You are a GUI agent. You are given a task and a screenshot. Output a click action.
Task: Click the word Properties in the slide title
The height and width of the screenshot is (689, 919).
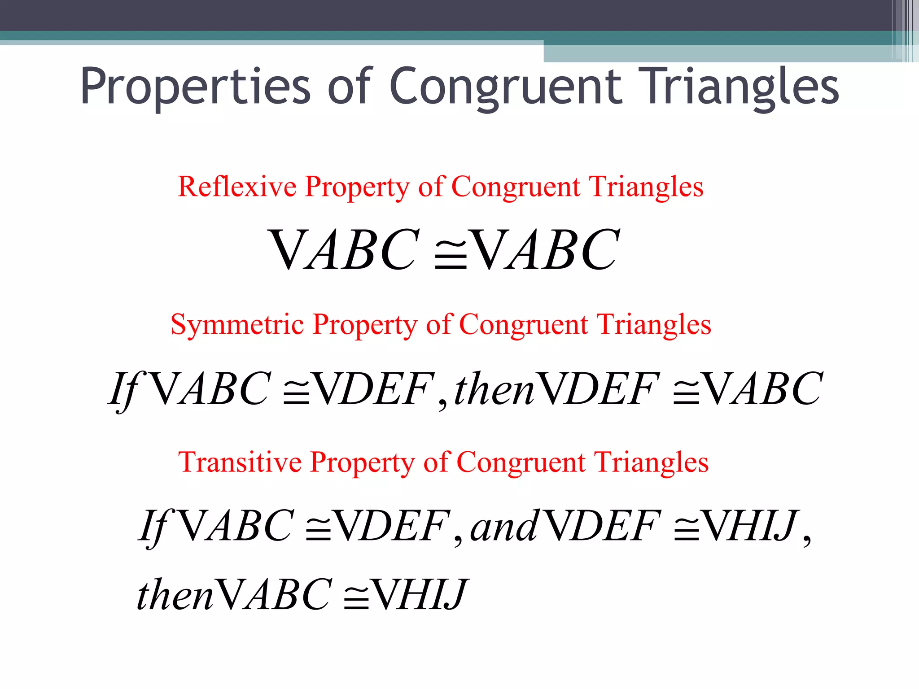[196, 86]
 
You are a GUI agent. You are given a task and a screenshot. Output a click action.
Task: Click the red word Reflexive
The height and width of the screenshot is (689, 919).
[237, 187]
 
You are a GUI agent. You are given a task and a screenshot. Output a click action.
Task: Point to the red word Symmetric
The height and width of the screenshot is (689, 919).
[237, 325]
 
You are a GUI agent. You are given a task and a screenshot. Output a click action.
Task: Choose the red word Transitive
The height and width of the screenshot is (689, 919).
[240, 462]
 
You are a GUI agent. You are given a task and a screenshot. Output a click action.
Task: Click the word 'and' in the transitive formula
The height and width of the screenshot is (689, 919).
[503, 527]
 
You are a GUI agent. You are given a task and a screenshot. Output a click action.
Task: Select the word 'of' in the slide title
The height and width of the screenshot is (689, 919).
[350, 86]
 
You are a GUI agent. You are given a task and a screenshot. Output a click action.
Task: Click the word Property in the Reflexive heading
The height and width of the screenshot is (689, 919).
[357, 188]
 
